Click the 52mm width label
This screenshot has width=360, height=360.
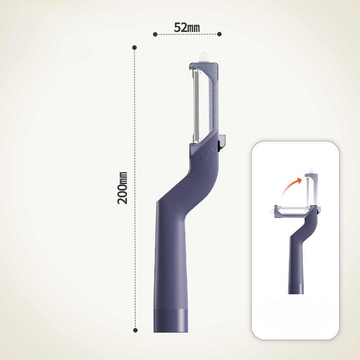(x=187, y=27)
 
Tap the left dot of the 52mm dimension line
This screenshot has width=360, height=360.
(x=155, y=35)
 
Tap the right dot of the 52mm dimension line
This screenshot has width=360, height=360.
(x=219, y=34)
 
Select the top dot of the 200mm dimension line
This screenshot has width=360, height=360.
(x=135, y=48)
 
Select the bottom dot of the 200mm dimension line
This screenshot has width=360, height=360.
(x=135, y=330)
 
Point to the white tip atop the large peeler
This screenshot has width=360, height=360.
(x=204, y=57)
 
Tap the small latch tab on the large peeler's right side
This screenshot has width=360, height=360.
(x=222, y=141)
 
